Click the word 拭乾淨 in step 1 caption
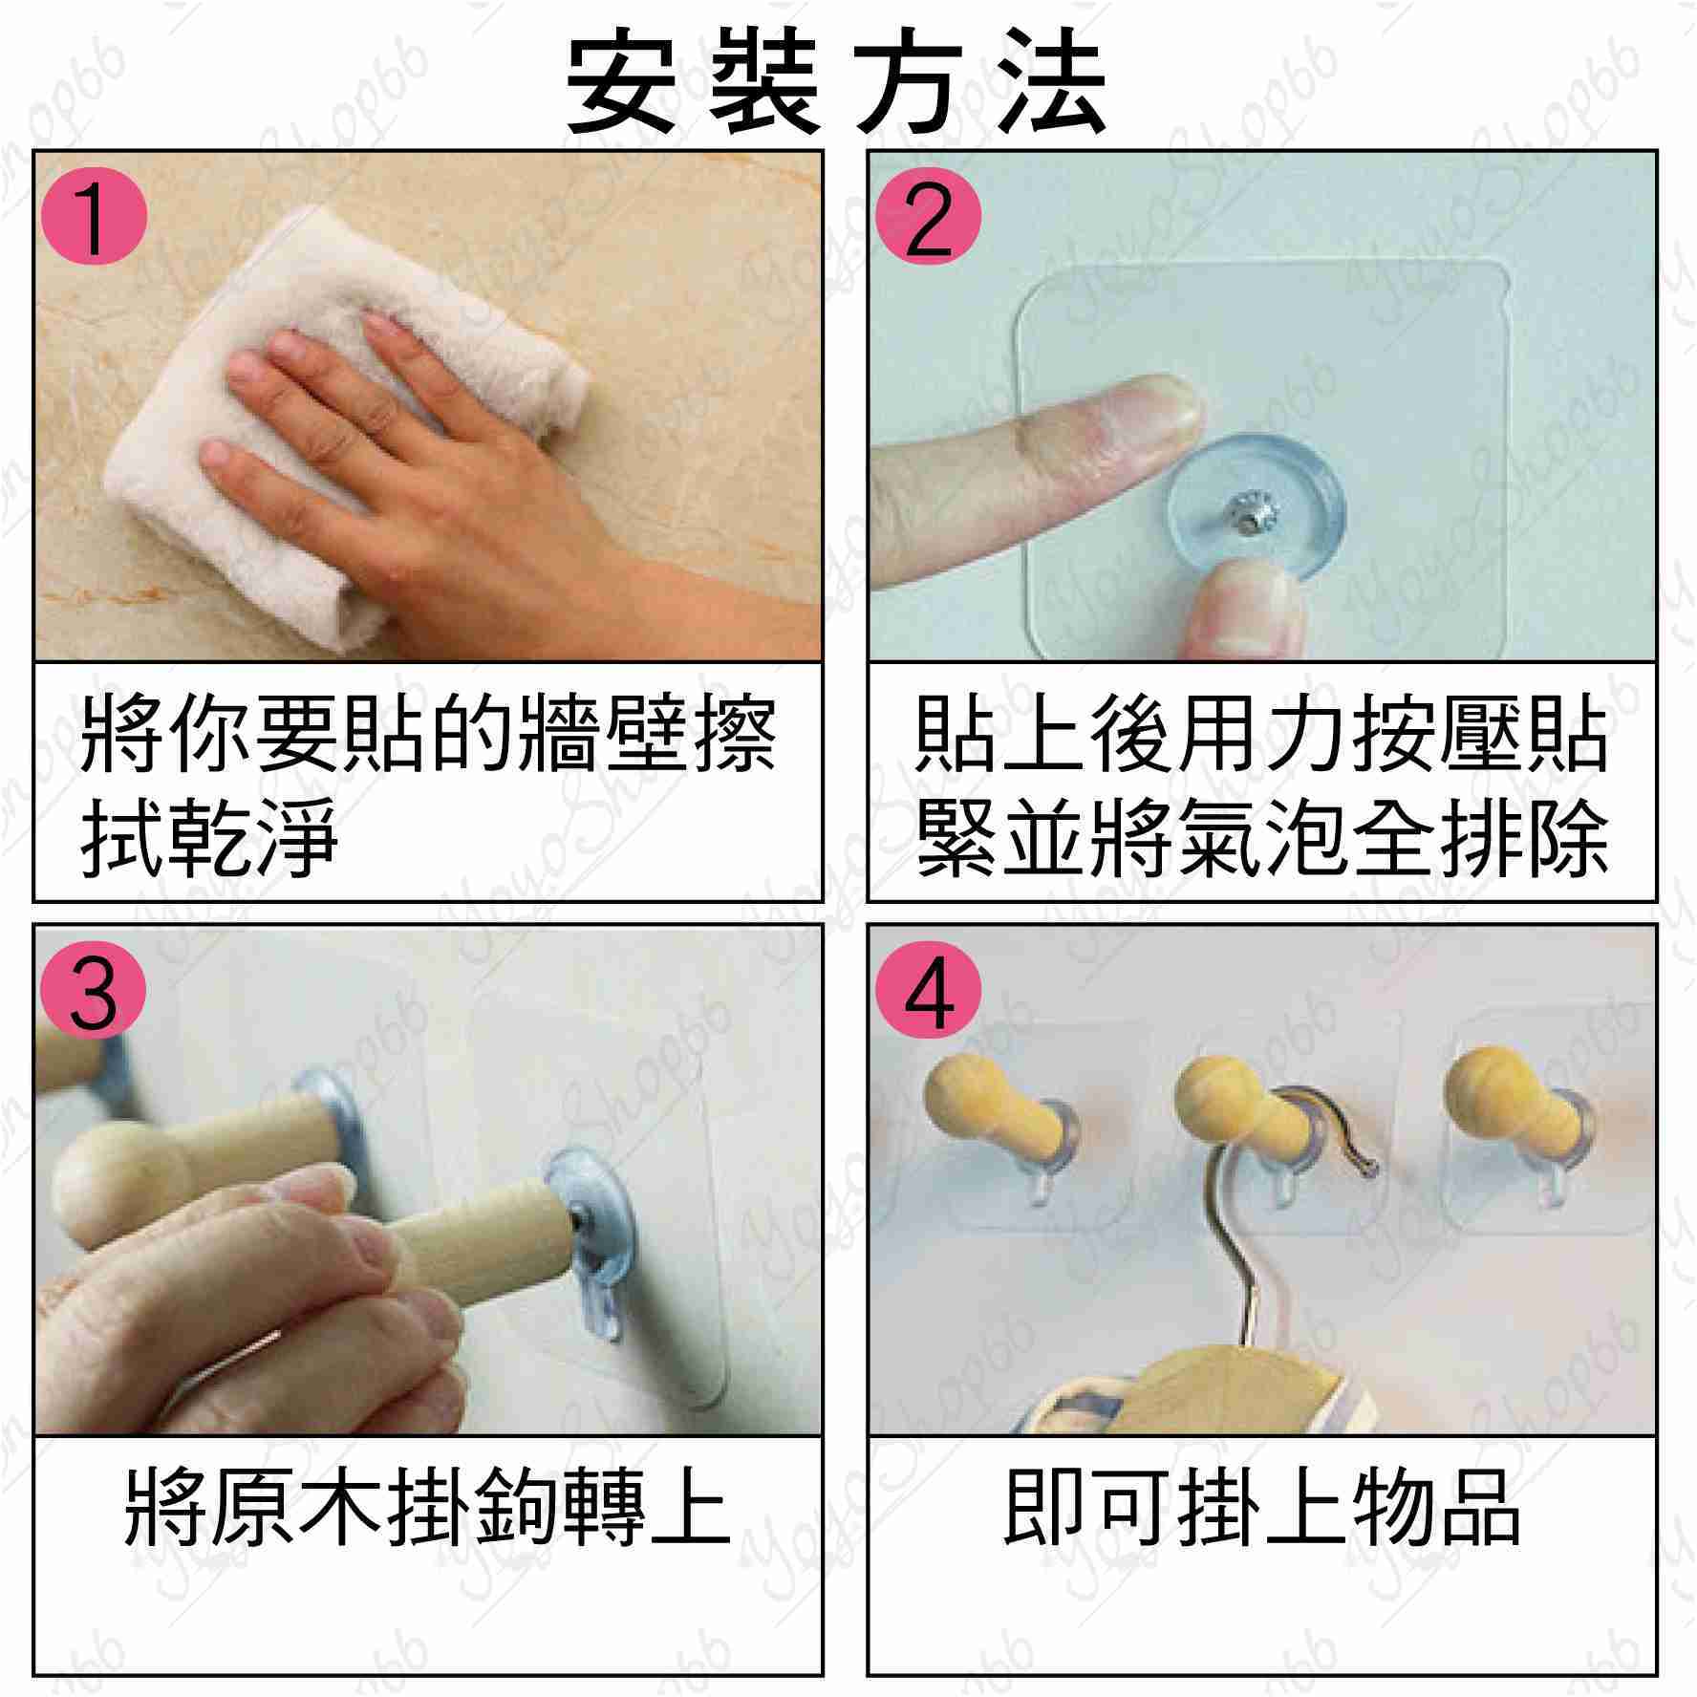(210, 839)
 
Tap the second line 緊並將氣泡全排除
(1261, 839)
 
